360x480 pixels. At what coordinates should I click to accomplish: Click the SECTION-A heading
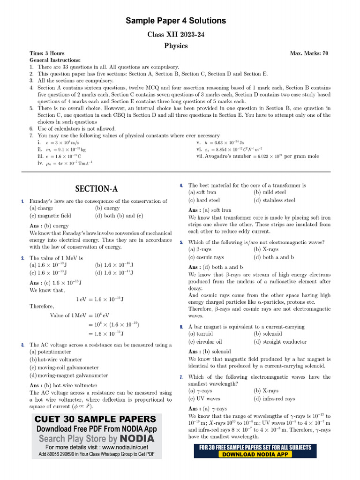point(97,189)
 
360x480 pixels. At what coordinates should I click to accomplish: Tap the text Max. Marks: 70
point(309,53)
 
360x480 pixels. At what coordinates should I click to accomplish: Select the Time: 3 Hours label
point(47,53)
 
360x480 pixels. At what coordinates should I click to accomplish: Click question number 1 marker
point(22,201)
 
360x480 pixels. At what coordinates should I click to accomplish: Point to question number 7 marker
point(181,377)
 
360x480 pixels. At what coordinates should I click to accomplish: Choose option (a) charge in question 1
point(41,208)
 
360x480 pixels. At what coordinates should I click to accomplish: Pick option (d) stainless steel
point(274,200)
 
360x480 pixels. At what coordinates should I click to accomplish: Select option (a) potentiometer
point(50,352)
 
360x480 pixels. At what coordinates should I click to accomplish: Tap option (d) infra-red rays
point(274,398)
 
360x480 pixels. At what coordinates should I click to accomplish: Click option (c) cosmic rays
point(206,257)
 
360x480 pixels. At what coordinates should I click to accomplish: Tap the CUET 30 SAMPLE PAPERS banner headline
point(96,419)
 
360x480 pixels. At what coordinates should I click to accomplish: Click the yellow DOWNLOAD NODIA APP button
point(255,454)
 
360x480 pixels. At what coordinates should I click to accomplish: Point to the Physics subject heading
point(176,45)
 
